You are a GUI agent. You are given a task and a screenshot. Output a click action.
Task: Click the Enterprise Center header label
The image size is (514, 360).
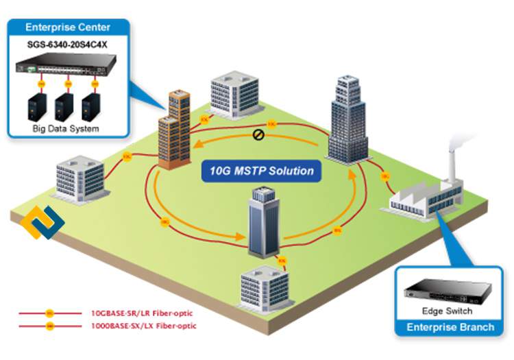pos(68,27)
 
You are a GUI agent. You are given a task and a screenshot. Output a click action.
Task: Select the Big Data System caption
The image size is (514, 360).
pos(66,128)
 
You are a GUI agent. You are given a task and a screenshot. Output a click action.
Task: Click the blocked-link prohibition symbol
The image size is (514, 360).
pos(258,134)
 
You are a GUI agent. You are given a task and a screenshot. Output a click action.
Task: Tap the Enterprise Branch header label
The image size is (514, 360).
pos(450,327)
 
